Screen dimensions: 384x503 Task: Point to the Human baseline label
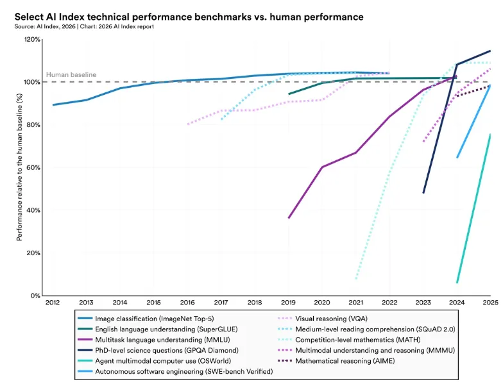(x=71, y=74)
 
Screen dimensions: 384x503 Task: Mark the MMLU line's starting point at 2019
(x=289, y=218)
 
